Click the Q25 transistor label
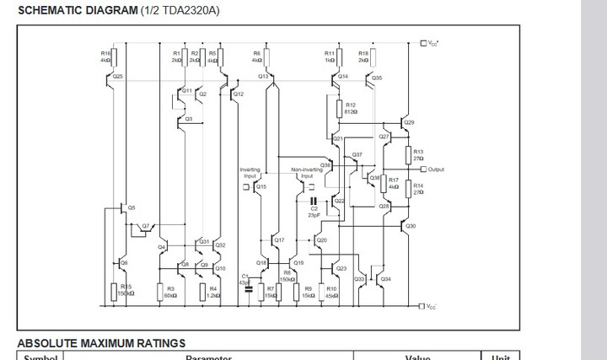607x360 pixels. point(117,76)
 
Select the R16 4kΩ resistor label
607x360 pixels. point(105,57)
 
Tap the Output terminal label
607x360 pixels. point(435,169)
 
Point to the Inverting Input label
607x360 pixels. point(250,173)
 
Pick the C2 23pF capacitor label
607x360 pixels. point(314,211)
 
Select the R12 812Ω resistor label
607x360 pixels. point(351,108)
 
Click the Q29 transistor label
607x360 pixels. point(409,122)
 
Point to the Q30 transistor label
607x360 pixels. point(411,226)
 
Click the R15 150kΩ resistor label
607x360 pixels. point(126,291)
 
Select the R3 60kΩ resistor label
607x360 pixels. point(170,292)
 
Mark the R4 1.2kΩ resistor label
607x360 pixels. point(213,292)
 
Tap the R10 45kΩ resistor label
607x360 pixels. point(331,292)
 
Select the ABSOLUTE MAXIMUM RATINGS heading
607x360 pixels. point(101,343)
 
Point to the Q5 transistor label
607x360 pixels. point(131,207)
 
